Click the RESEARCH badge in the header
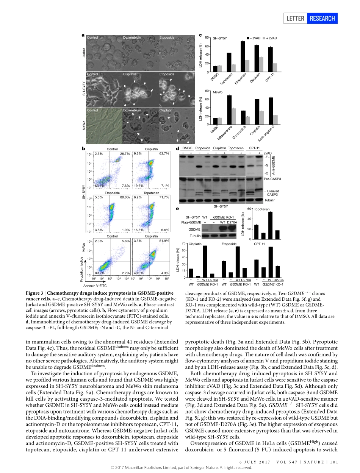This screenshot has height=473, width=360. (x=322, y=18)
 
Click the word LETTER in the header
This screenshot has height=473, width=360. (x=296, y=18)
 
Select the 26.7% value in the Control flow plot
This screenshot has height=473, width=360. (x=125, y=154)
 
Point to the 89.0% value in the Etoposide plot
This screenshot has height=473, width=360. (x=125, y=197)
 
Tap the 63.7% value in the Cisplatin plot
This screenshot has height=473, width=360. (x=164, y=154)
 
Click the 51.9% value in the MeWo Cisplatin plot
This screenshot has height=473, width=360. (x=164, y=241)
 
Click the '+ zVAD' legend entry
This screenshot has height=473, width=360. (x=269, y=38)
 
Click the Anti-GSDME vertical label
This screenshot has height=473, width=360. (x=274, y=165)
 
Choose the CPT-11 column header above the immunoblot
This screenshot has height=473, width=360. (x=254, y=148)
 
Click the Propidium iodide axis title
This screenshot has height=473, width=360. (x=81, y=269)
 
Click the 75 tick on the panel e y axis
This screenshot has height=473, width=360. (x=183, y=244)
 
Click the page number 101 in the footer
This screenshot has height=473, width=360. (x=334, y=462)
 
